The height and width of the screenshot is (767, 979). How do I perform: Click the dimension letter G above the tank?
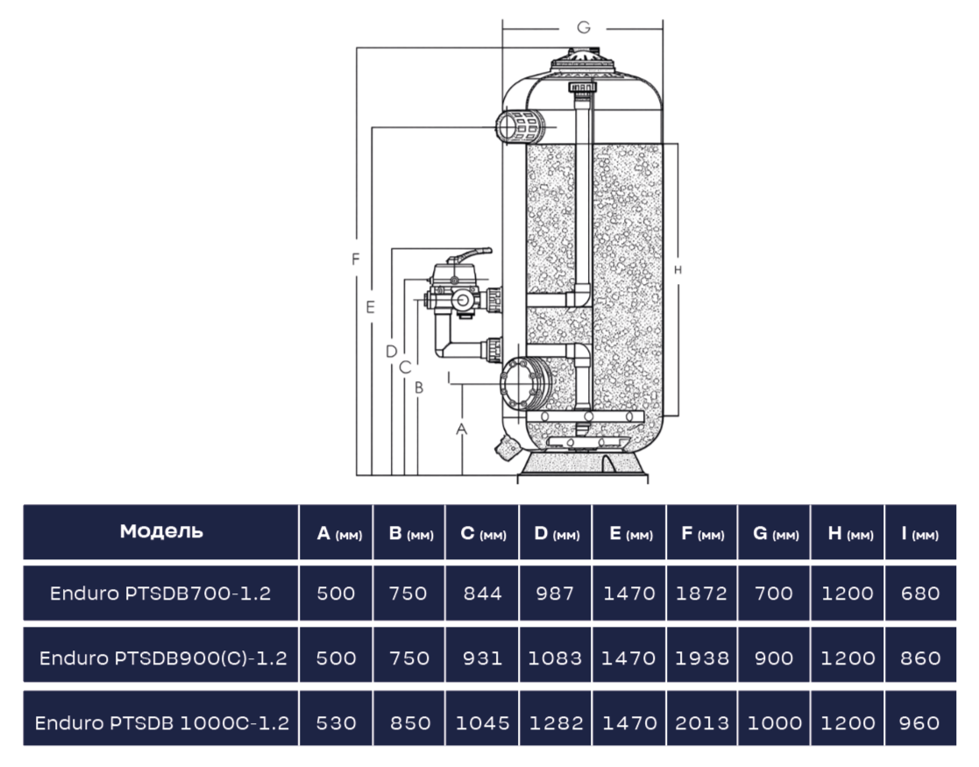(x=583, y=27)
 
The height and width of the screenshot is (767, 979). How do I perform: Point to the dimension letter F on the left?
(x=356, y=259)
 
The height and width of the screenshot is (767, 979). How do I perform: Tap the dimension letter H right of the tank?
(x=678, y=270)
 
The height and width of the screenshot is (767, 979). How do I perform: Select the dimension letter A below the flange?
(x=461, y=430)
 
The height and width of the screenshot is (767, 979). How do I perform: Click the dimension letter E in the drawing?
(x=370, y=308)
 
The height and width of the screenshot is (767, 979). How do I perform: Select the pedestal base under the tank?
(x=583, y=466)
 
